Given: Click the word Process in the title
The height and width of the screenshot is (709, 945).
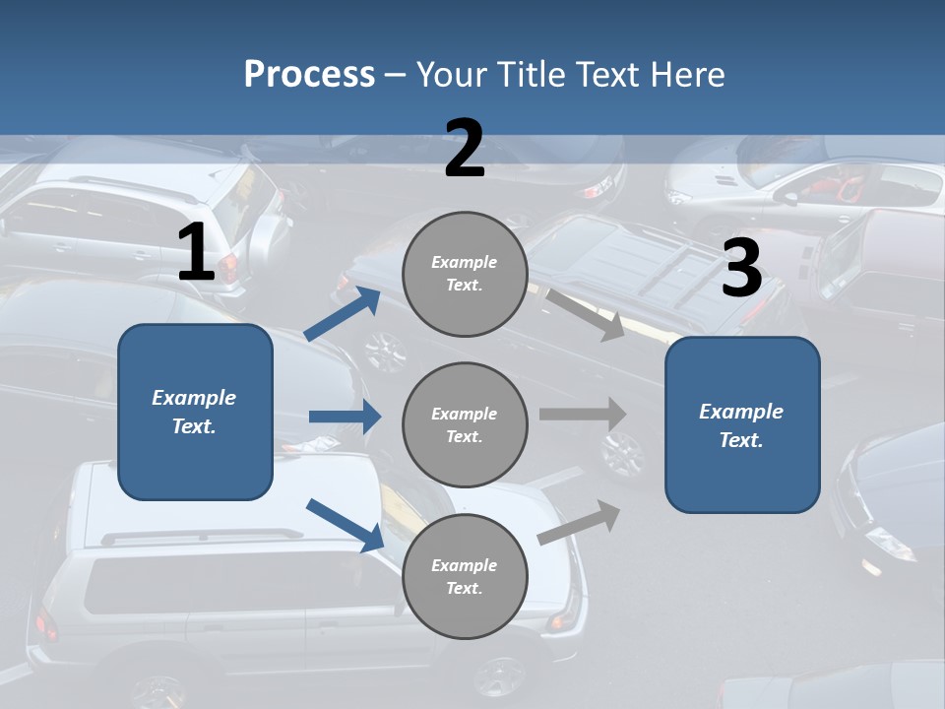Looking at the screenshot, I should point(309,75).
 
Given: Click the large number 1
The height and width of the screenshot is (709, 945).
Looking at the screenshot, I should point(196,254).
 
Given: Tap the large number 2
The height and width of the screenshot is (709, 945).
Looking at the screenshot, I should point(465,149).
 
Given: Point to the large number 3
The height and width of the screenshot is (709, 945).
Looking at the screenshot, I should point(741,270).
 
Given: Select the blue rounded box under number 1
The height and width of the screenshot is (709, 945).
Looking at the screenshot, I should point(195,412).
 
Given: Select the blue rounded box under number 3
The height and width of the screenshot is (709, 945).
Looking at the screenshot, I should point(742,425).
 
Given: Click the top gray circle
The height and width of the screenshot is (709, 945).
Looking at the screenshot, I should point(465,274).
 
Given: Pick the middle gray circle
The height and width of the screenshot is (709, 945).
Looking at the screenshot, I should point(465,425).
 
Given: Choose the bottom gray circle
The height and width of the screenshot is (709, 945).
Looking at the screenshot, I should point(465,577).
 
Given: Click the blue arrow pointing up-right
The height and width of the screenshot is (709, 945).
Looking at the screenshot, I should point(343,313).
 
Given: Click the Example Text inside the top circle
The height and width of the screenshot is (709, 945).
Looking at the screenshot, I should point(465,274).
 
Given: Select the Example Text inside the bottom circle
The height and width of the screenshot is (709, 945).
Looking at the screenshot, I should point(465,577).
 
